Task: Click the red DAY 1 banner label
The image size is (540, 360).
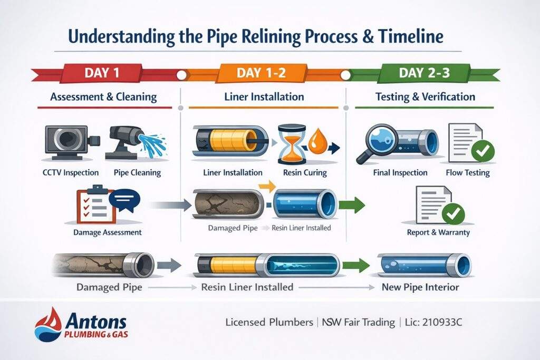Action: coord(102,73)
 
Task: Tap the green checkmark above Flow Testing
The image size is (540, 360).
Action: coord(483,151)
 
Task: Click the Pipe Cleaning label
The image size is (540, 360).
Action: coord(137,172)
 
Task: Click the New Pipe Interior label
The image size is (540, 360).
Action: coord(421,288)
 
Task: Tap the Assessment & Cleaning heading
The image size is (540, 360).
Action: coord(103,96)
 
